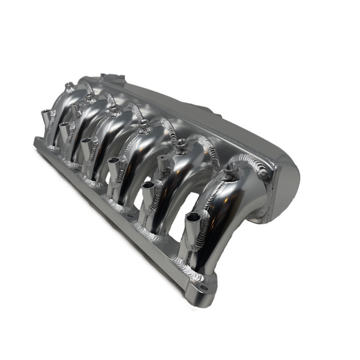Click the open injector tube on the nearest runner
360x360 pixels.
(192, 220)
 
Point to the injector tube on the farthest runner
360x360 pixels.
(45, 116)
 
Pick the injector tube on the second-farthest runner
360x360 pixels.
(63, 130)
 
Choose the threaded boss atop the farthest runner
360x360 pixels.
(70, 86)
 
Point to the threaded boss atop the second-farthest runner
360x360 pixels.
(91, 98)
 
